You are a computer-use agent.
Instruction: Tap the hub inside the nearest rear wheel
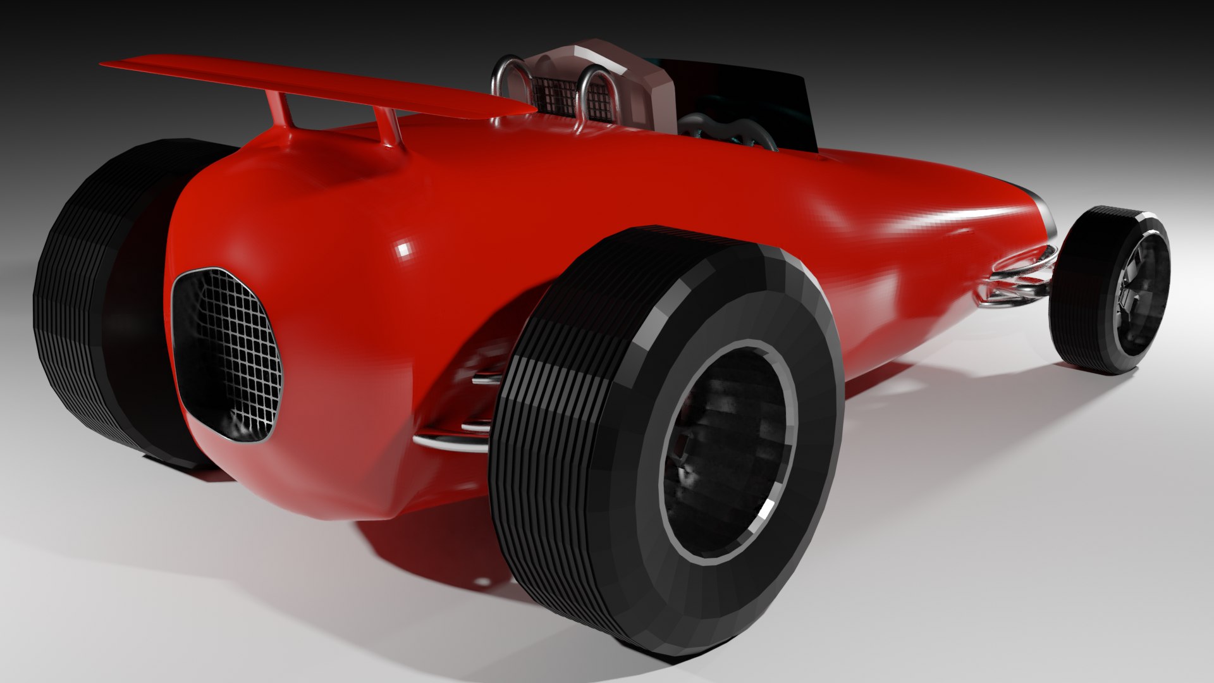(727, 455)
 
